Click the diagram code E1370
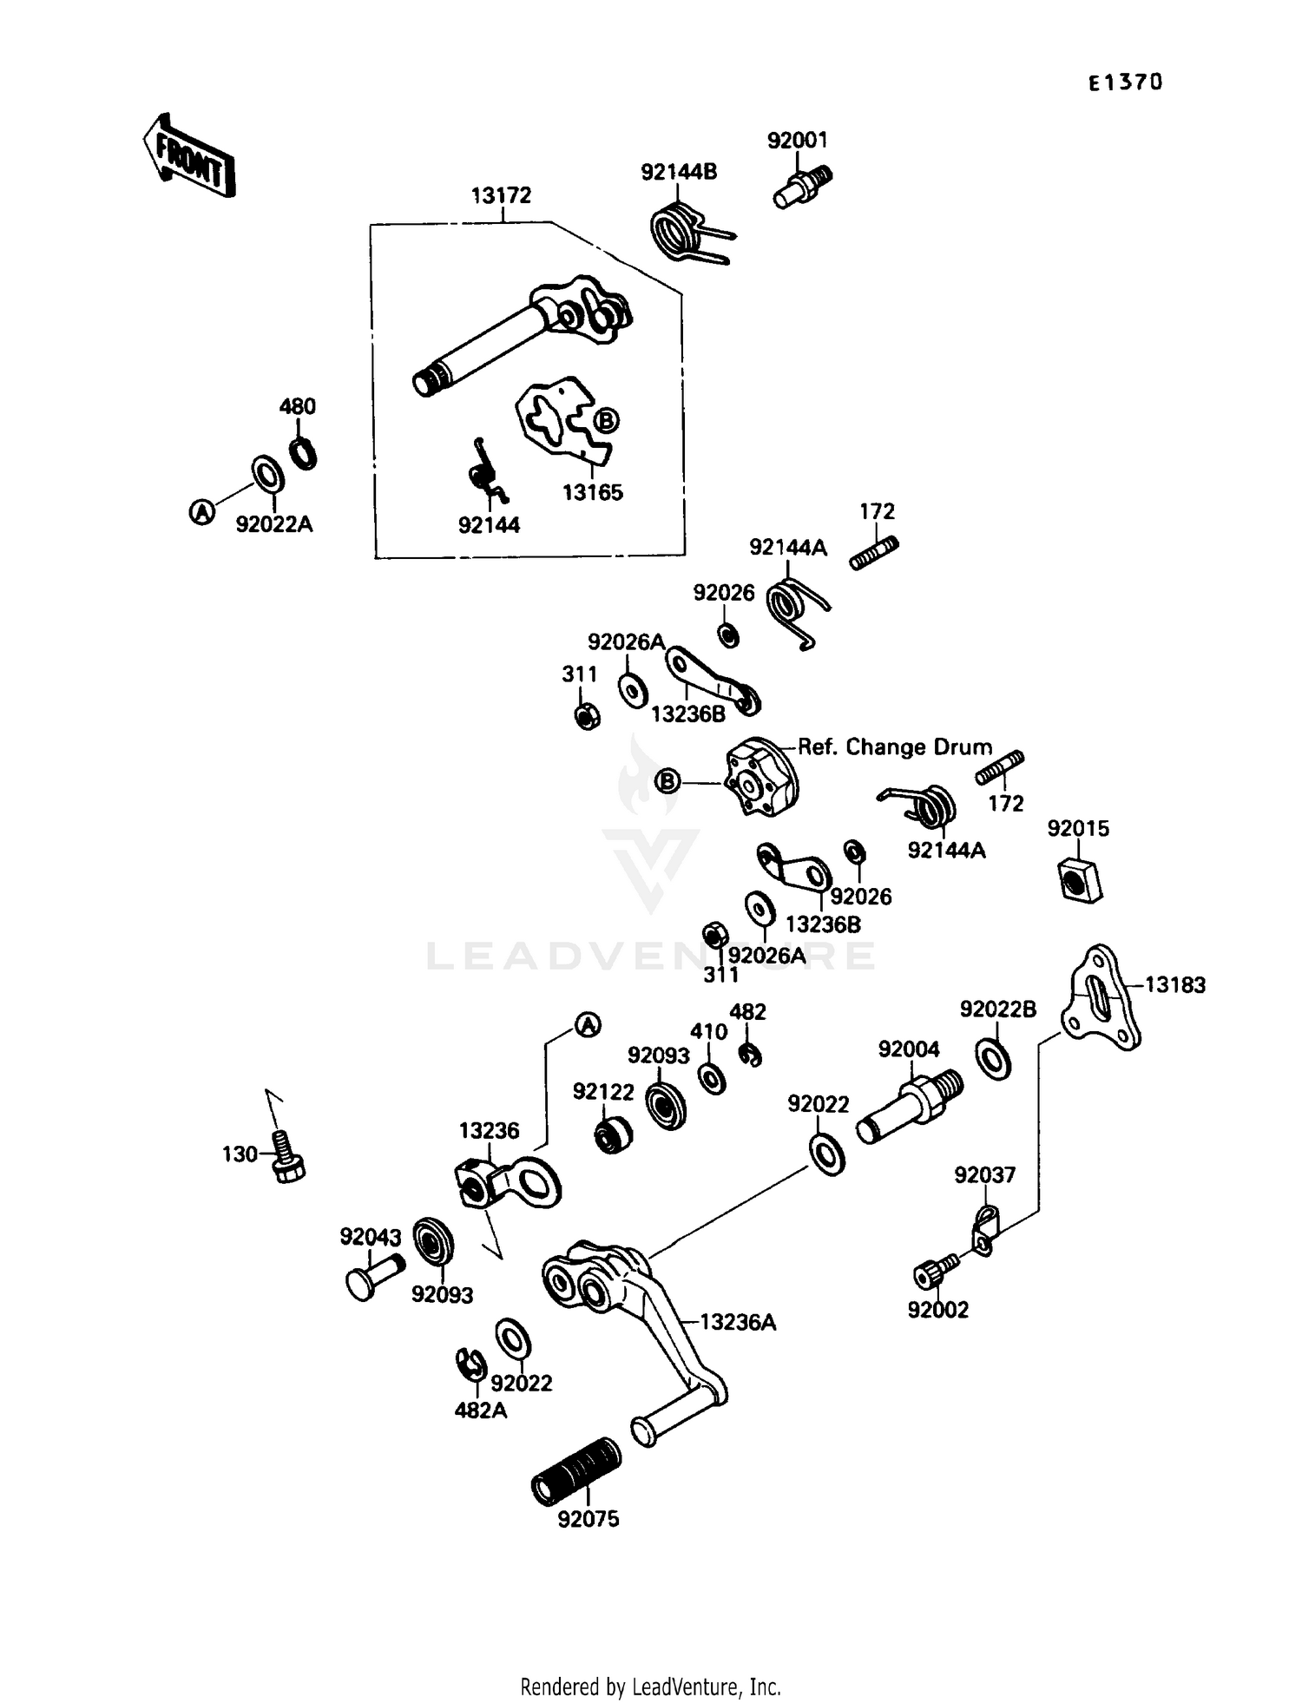click(x=1125, y=82)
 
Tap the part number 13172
click(x=501, y=195)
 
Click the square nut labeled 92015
click(x=1079, y=880)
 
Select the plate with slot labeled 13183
click(x=1101, y=998)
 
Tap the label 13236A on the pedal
click(x=737, y=1322)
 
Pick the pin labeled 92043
click(x=374, y=1276)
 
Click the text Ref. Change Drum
click(x=894, y=747)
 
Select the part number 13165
click(x=592, y=493)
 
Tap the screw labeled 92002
click(x=932, y=1272)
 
